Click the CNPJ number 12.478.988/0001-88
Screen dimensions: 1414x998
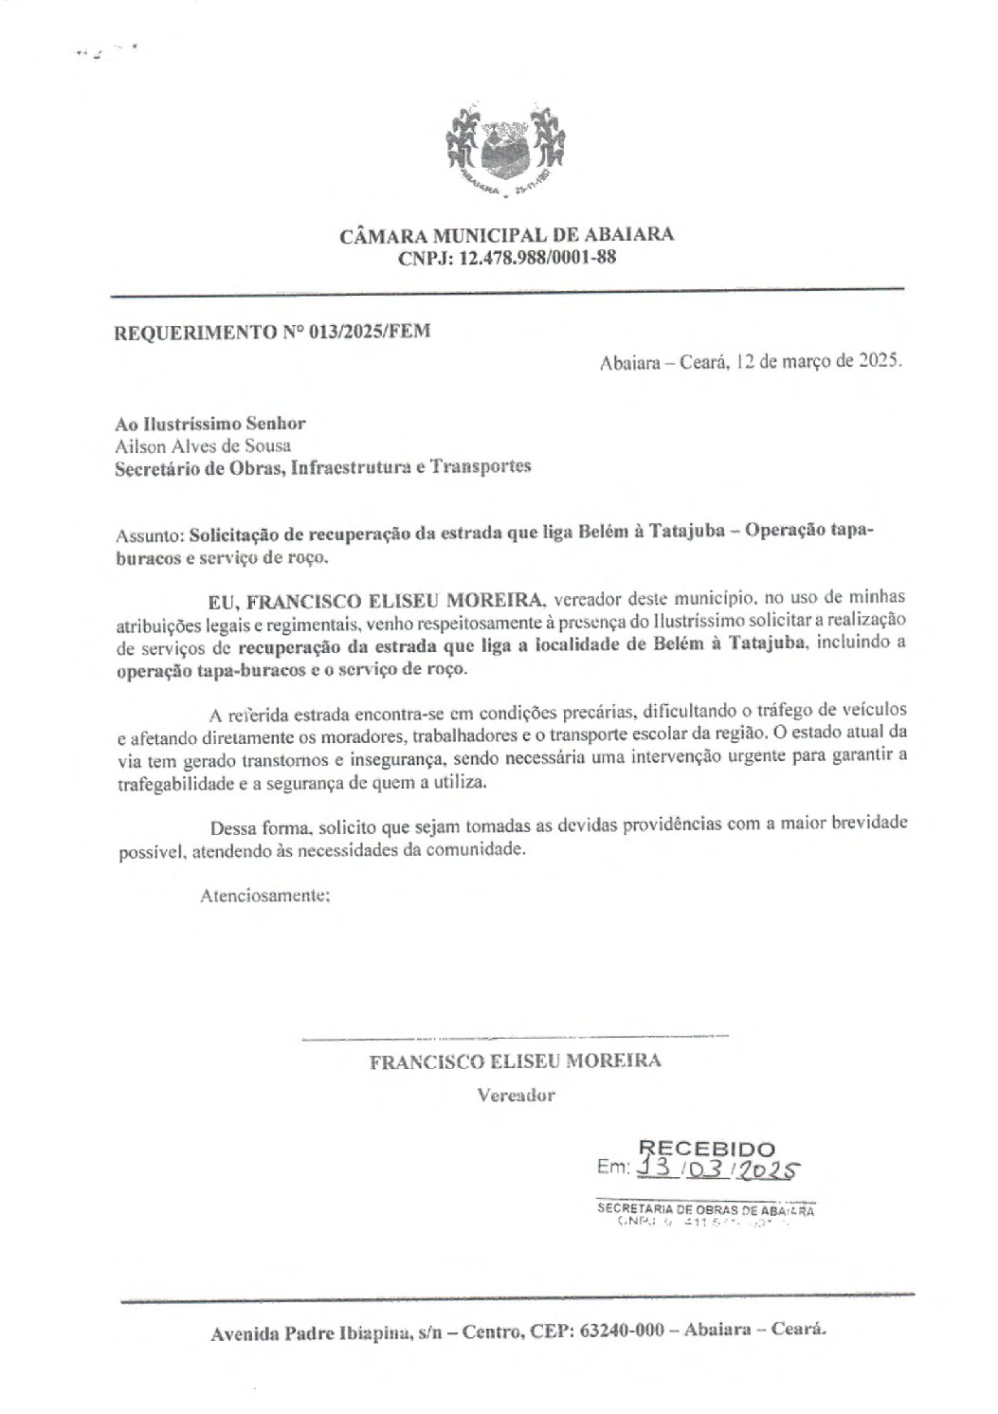537,258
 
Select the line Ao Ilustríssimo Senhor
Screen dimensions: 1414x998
209,425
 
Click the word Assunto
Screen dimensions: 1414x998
147,535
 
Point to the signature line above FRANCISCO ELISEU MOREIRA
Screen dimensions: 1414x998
515,1038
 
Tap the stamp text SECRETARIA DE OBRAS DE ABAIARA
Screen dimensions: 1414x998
705,1209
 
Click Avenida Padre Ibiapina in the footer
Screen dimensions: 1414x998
311,1332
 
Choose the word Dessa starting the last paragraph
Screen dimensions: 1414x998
231,825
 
